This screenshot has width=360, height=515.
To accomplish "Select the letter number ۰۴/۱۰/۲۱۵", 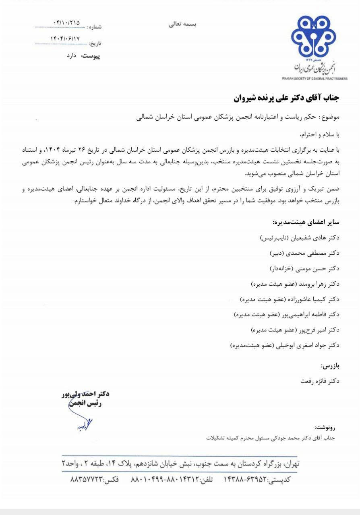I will (x=66, y=23).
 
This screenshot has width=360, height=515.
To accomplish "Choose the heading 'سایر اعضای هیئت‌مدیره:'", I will (x=306, y=222).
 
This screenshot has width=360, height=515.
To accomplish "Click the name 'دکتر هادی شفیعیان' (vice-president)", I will (x=317, y=237).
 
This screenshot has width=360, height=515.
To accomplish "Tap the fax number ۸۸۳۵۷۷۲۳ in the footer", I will (x=87, y=480).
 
